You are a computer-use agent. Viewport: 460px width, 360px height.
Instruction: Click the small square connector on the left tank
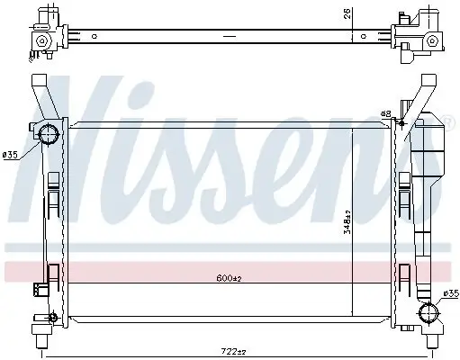coord(39,288)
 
